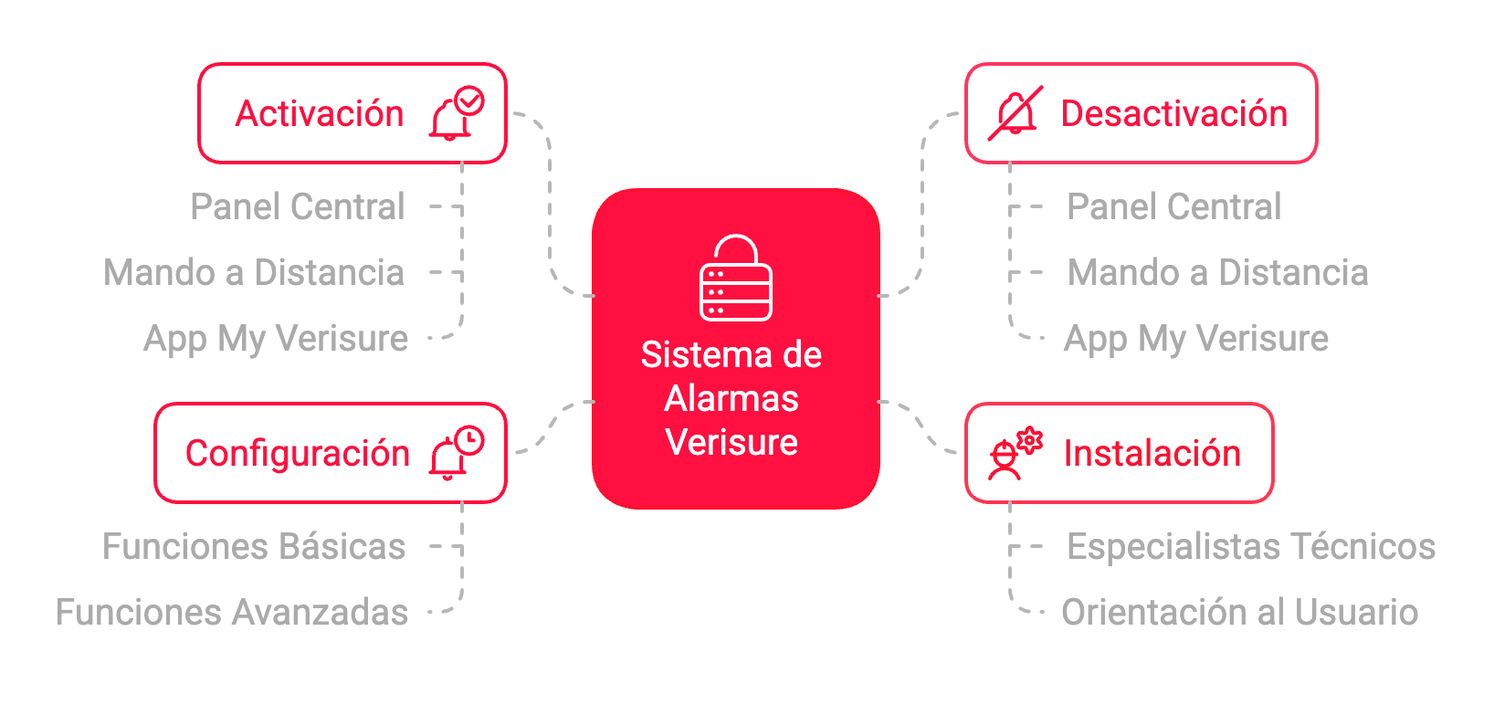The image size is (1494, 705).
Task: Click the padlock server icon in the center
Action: coord(735,279)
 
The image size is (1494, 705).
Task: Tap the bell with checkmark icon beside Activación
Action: coord(457,113)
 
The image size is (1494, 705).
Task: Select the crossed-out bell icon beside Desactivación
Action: coord(1015,113)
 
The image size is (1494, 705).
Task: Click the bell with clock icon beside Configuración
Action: coord(457,453)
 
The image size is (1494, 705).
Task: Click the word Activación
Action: coord(320,114)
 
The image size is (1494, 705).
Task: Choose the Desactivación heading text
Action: coord(1173,114)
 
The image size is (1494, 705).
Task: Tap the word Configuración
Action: coord(298,454)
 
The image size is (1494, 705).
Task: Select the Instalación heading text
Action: coord(1152,454)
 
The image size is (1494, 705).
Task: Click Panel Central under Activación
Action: coord(298,207)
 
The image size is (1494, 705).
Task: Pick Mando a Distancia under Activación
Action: coord(254,273)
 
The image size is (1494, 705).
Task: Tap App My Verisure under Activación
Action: coord(276,339)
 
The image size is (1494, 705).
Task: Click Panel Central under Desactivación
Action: coord(1173,207)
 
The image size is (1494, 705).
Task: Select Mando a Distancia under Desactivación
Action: coord(1217,273)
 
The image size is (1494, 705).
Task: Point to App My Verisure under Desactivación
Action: coord(1196,339)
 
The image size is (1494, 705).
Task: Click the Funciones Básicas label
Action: coord(254,547)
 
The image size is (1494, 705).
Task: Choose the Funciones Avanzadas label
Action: coord(232,613)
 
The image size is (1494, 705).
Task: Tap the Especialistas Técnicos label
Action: coord(1251,547)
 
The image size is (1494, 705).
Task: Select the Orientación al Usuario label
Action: coord(1239,613)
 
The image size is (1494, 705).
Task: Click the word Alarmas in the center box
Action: coord(731,399)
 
